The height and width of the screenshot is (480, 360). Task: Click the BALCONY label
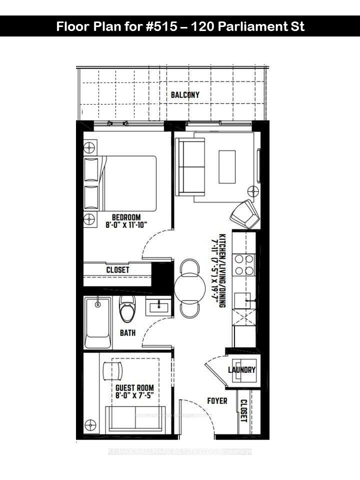coord(185,94)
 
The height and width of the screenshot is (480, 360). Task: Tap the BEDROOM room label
coord(126,217)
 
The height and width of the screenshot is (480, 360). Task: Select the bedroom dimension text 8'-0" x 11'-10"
coord(126,225)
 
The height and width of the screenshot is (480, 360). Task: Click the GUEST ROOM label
coord(134,388)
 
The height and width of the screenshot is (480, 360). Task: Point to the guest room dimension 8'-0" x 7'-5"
coord(134,396)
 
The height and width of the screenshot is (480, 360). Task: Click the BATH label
coord(127,332)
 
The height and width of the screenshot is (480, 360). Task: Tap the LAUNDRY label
coord(242,370)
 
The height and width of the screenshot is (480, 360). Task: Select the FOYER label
coord(217,401)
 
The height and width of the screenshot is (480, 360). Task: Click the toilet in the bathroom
coord(127,307)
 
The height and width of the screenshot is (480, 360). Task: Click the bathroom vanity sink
coord(158,305)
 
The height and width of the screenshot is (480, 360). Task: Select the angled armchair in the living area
coord(243,213)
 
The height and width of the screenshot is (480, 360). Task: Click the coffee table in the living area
coord(227,166)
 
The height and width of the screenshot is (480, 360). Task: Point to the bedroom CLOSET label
coord(118,270)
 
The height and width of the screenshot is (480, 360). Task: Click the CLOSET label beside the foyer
coord(243,410)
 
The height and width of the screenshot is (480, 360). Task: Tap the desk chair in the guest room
coord(112,370)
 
